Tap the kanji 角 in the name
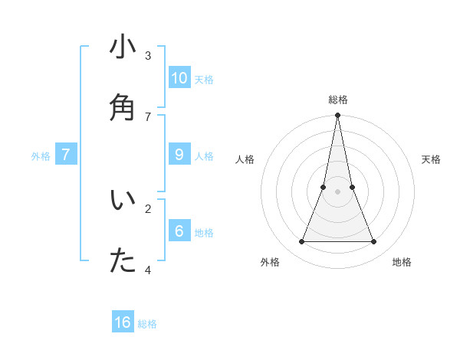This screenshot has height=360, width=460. click(x=123, y=106)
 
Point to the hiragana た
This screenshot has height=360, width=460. click(x=123, y=260)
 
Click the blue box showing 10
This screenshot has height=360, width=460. click(x=179, y=78)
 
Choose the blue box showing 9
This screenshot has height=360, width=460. click(x=179, y=155)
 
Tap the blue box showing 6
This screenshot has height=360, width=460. click(x=179, y=231)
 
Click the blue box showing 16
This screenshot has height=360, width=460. click(x=123, y=322)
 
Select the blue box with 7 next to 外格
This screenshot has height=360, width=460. click(x=66, y=155)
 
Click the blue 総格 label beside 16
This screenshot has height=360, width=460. click(x=147, y=324)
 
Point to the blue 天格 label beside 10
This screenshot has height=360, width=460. click(x=203, y=80)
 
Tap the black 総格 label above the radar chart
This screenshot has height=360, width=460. click(x=337, y=100)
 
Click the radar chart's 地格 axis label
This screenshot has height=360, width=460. click(x=402, y=262)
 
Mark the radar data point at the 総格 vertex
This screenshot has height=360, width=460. click(x=337, y=116)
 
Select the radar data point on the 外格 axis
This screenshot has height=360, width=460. click(x=301, y=242)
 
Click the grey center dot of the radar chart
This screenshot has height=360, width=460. click(x=337, y=191)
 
